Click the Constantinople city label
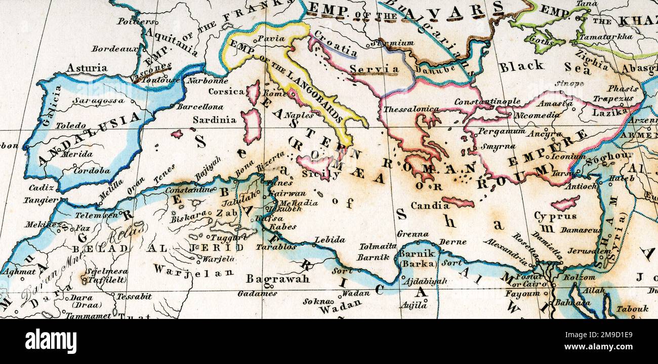486,102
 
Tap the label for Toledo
70,126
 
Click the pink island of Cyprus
564,204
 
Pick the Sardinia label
214,120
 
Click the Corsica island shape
253,92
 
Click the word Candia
430,206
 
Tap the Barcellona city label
199,107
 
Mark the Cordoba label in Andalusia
92,171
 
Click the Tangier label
41,200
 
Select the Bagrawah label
277,278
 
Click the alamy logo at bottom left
51,341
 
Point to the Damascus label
580,230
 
